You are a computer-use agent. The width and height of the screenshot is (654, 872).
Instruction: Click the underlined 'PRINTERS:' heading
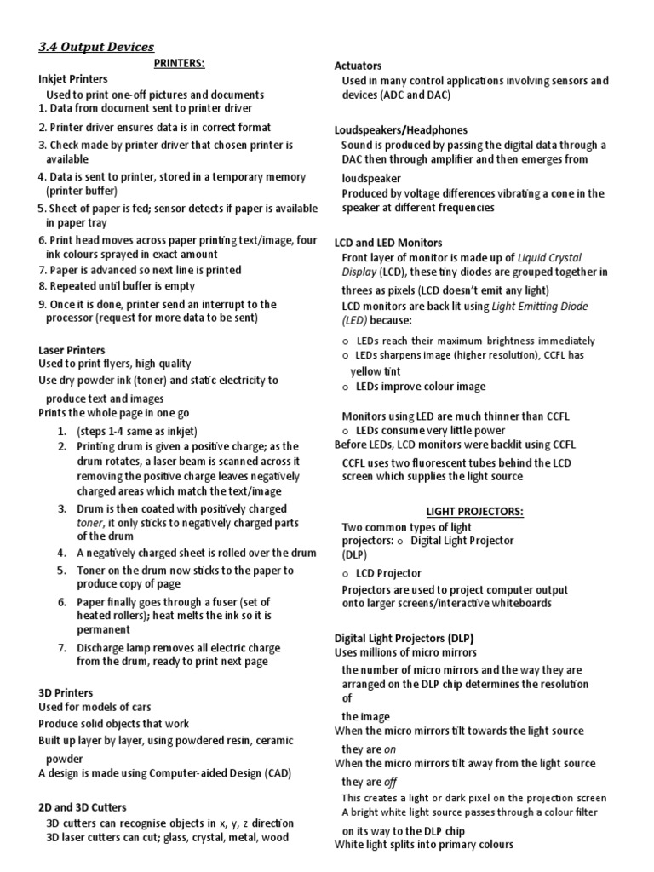click(x=180, y=63)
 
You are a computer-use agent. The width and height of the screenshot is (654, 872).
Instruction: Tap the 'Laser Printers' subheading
click(x=72, y=350)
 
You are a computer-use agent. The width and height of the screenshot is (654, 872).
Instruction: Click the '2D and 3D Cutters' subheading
click(x=83, y=806)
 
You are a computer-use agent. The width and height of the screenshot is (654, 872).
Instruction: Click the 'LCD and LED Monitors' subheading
click(x=388, y=243)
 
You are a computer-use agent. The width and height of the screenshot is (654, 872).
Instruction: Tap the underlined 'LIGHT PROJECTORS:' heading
click(x=474, y=511)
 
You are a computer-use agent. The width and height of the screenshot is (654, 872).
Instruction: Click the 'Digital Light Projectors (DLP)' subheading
click(x=404, y=638)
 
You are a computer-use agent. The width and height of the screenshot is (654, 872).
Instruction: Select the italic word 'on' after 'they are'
click(x=391, y=749)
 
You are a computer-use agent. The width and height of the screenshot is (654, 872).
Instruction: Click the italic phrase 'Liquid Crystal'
click(x=554, y=257)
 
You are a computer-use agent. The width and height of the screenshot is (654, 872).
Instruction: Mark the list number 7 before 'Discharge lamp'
click(x=62, y=647)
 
